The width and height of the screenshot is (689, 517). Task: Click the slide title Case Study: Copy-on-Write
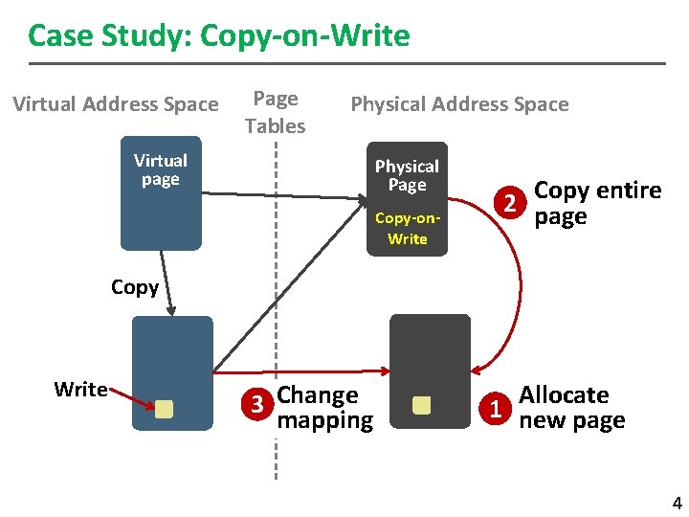click(219, 36)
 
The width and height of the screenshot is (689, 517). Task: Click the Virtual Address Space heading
click(116, 103)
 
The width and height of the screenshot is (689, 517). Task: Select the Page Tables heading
click(275, 112)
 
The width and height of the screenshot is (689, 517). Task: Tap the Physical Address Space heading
click(459, 103)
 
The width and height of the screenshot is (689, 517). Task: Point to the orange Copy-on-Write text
click(408, 228)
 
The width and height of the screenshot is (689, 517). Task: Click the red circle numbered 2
click(513, 204)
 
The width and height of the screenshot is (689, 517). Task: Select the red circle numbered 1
click(495, 408)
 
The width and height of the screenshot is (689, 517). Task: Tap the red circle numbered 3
click(256, 406)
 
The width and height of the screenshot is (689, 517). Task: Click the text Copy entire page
click(597, 203)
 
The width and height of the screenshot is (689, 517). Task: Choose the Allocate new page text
click(571, 407)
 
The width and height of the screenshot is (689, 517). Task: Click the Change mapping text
click(324, 407)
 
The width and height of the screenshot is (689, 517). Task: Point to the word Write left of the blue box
click(81, 389)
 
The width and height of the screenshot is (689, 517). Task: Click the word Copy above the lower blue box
click(135, 287)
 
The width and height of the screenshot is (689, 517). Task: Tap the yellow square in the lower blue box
click(164, 409)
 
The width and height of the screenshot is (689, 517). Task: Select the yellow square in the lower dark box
click(421, 406)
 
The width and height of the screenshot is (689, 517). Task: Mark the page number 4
click(677, 504)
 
